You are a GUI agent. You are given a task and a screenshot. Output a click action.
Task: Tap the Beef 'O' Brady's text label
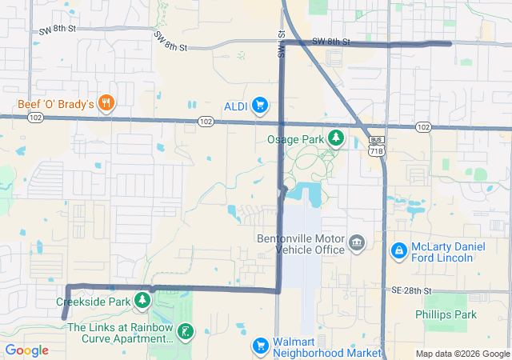click(57, 104)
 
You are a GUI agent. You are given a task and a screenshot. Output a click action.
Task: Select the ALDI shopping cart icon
click(259, 106)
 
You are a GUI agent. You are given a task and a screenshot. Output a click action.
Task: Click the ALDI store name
click(235, 106)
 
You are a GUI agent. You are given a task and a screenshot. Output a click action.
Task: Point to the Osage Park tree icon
click(336, 138)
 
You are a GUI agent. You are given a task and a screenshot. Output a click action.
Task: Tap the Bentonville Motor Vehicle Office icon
click(357, 242)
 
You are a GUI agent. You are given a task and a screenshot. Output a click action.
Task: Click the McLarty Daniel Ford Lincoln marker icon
click(398, 251)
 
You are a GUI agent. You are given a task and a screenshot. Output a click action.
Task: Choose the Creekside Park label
click(93, 302)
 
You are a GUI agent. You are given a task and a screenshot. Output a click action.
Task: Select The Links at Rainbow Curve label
click(120, 333)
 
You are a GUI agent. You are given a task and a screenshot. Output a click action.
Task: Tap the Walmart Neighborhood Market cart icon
click(259, 346)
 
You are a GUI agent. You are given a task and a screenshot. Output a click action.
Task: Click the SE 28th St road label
click(411, 290)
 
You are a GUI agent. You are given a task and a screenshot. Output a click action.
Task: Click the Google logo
click(26, 350)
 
